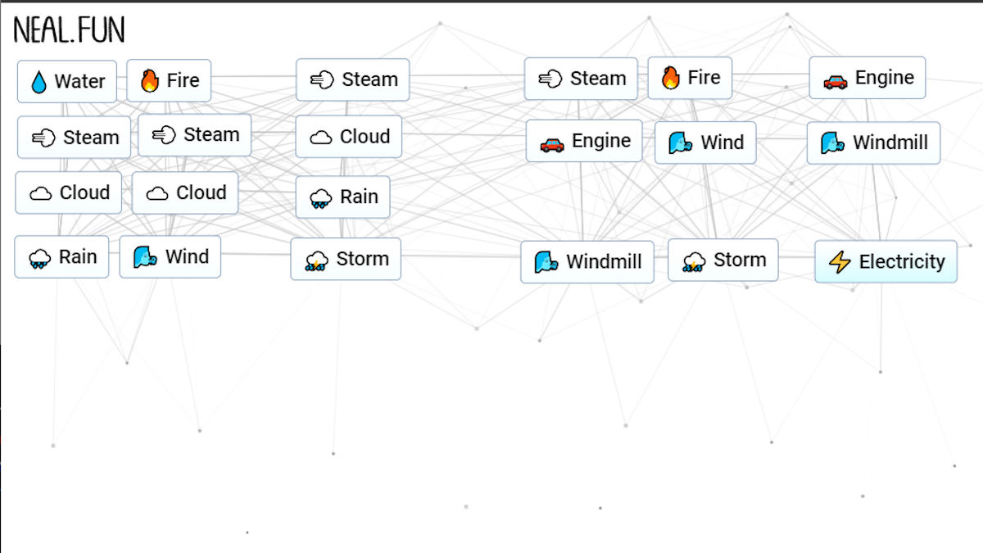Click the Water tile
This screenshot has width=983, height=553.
click(67, 82)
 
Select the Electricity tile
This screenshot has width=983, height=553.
click(886, 261)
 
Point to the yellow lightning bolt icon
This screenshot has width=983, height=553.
click(840, 262)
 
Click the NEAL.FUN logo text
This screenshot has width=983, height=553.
click(70, 31)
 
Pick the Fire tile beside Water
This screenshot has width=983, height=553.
click(170, 80)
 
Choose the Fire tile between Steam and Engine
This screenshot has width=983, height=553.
click(690, 78)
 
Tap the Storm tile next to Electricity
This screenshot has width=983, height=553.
click(723, 260)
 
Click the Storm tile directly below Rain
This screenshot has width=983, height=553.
click(346, 259)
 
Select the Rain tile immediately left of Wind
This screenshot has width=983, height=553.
click(61, 256)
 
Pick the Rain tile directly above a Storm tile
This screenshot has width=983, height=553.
click(342, 197)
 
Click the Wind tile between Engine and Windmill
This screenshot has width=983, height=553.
click(705, 143)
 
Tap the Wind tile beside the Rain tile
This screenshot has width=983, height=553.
click(170, 256)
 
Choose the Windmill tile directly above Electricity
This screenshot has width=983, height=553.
click(873, 143)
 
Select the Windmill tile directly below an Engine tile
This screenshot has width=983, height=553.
click(587, 262)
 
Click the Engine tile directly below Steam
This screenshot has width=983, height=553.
click(584, 141)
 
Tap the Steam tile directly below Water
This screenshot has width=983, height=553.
click(75, 138)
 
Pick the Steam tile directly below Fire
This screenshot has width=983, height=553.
click(195, 135)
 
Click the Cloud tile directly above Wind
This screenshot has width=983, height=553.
click(185, 193)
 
